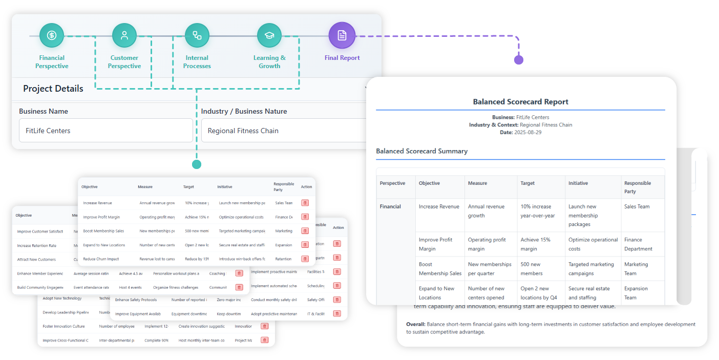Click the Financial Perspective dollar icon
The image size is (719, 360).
pos(52,35)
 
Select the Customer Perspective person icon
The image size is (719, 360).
pos(124,35)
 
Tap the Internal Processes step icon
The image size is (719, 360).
pos(197,35)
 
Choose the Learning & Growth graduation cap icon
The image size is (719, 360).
pos(269,35)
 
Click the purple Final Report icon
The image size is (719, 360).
pos(342,35)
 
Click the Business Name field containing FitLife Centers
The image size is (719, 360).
pos(105,131)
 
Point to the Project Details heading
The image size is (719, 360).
pos(53,89)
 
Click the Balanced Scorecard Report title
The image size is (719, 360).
pos(520,102)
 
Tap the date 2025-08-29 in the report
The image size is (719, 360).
pos(528,133)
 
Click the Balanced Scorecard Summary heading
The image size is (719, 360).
pos(421,151)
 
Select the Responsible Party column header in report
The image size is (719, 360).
pos(638,187)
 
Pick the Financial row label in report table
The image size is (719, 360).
pos(390,207)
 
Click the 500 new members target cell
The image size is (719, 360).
pos(531,269)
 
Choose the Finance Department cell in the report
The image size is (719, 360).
pos(638,244)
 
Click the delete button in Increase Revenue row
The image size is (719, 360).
pos(305,203)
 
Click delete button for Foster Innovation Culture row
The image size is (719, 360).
pos(264,326)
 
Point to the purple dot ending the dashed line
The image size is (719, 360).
pos(519,60)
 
